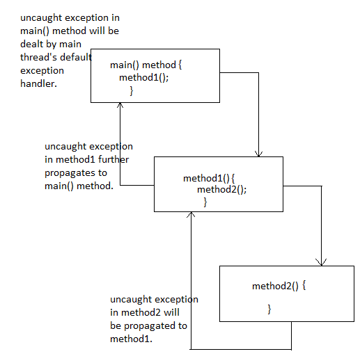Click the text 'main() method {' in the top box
click(x=146, y=65)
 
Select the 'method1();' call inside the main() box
click(x=143, y=77)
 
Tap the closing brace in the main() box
click(x=132, y=91)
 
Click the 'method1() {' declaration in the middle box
click(x=210, y=178)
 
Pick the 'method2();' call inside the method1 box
click(x=221, y=189)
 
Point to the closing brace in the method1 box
click(x=205, y=202)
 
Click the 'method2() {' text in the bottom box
click(x=279, y=285)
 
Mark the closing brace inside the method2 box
click(x=269, y=308)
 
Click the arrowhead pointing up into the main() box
click(x=120, y=105)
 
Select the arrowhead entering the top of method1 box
click(x=258, y=153)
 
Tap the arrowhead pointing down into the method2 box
click(x=320, y=262)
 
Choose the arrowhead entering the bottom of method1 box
click(x=189, y=216)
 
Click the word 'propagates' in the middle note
click(x=69, y=173)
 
